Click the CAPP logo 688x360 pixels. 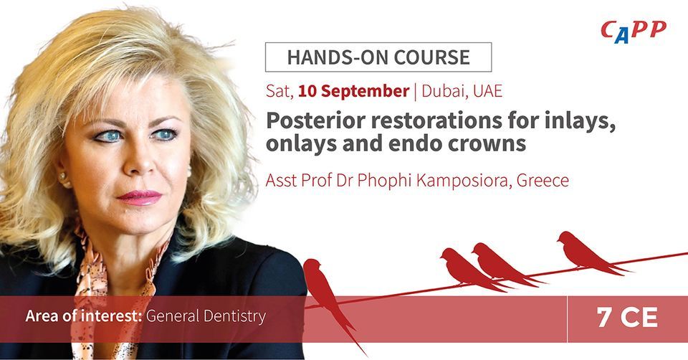coord(633,32)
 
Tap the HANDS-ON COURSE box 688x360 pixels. coord(378,57)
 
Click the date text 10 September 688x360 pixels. coord(353,91)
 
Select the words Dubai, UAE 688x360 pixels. coord(462,91)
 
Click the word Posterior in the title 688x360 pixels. coord(316,121)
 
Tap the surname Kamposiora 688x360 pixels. coord(464,181)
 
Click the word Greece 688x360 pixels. coord(543,181)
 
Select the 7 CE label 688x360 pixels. coord(628,318)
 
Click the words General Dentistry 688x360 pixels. coord(206,316)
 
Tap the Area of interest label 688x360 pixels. coord(84,316)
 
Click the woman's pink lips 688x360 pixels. coord(140,197)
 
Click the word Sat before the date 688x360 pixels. coord(279,91)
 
